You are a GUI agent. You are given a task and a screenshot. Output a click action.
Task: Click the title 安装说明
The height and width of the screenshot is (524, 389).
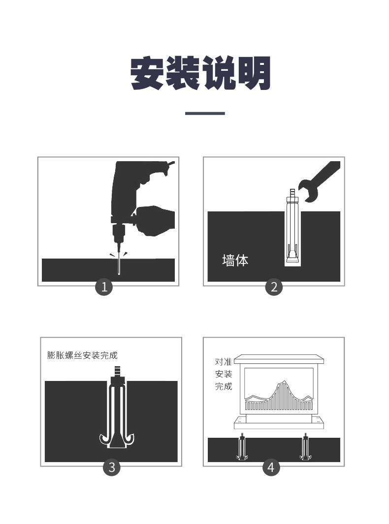(x=200, y=73)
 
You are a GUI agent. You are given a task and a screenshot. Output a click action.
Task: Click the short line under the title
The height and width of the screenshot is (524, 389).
(x=205, y=113)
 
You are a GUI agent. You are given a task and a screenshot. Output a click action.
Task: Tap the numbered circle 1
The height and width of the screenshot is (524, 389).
(x=104, y=287)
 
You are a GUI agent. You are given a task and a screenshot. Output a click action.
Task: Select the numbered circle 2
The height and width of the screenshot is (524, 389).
(x=274, y=287)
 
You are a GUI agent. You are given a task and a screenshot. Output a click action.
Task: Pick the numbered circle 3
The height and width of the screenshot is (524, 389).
(x=111, y=467)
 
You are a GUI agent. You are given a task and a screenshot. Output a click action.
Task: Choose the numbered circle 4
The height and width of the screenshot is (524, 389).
(x=271, y=467)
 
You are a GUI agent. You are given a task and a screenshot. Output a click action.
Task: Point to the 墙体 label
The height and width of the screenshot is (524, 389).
(x=235, y=261)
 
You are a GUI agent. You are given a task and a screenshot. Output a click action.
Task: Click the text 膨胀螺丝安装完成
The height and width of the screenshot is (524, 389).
(x=82, y=355)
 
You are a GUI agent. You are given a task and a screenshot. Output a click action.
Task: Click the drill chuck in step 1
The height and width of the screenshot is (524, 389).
(x=118, y=234)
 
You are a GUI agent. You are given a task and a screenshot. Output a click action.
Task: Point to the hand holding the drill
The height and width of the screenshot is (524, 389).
(x=155, y=221)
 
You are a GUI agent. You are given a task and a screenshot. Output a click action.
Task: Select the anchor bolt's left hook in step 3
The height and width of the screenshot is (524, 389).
(x=104, y=439)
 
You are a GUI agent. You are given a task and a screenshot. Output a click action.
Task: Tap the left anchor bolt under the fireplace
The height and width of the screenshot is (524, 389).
(x=241, y=446)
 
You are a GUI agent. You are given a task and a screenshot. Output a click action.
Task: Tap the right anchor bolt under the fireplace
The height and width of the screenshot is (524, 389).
(x=305, y=446)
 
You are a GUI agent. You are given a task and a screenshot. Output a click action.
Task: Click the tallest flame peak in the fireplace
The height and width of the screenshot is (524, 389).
(x=284, y=381)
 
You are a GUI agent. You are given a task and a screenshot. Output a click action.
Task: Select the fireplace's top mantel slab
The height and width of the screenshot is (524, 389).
(x=280, y=360)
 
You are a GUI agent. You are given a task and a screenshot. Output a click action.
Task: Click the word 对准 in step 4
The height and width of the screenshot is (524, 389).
(x=223, y=362)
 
